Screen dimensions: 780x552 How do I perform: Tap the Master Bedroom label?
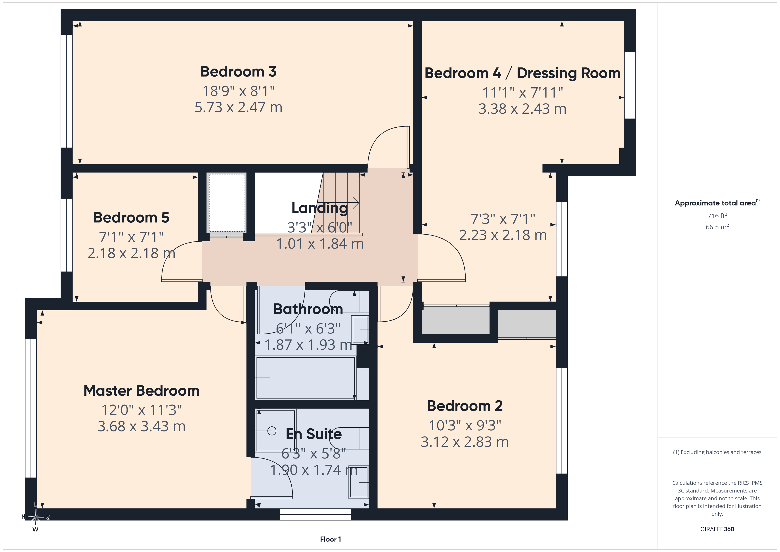point(141,391)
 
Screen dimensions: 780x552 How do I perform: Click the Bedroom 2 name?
point(465,406)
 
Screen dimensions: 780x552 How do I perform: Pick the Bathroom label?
point(308,309)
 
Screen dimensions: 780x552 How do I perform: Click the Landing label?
point(320,208)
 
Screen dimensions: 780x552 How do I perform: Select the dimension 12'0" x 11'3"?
point(141,410)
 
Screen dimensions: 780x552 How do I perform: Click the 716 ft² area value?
point(717,216)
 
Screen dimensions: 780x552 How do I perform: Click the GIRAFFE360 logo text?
point(717,529)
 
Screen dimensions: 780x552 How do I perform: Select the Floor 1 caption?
point(330,539)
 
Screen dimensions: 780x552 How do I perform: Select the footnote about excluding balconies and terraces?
point(717,452)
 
